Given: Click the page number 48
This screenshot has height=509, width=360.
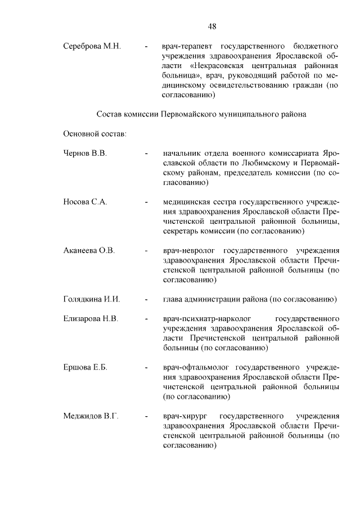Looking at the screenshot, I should pos(212,26).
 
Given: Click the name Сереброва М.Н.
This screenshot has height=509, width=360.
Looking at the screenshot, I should pos(92,44).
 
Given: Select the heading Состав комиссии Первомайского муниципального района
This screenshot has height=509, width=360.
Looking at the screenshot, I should pos(201,114).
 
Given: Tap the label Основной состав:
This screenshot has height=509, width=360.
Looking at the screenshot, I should pos(94,134).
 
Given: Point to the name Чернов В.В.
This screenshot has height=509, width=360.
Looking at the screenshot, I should pos(85,153).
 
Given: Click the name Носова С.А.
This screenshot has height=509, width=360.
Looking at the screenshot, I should pos(85,201).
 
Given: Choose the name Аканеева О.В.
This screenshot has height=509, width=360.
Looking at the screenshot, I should pos(89,250).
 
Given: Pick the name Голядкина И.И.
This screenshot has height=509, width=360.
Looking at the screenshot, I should pos(92,299).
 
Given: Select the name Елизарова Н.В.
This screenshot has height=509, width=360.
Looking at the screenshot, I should pos(91,318).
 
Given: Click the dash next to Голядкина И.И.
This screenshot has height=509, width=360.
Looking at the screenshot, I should pos(146,299).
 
